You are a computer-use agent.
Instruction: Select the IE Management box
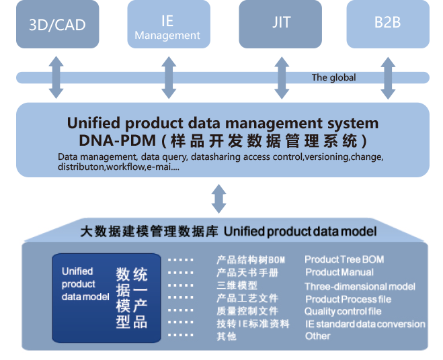(x=167, y=24)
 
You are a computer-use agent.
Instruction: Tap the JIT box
(x=281, y=24)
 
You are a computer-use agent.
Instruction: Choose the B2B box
(x=387, y=24)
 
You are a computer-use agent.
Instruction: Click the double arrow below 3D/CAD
(x=56, y=77)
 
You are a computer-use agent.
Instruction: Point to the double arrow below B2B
(x=387, y=77)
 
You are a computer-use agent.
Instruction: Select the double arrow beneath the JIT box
(x=281, y=77)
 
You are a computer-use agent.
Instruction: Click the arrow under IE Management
(x=167, y=77)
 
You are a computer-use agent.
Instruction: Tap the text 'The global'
(x=333, y=77)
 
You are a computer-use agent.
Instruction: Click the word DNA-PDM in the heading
(x=110, y=141)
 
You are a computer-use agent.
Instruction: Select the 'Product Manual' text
(x=339, y=272)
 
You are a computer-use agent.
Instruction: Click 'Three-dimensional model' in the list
(x=360, y=285)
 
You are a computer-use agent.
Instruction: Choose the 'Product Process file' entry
(x=348, y=299)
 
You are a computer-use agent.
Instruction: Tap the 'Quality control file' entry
(x=343, y=312)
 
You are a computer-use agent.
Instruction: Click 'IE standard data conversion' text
(x=365, y=324)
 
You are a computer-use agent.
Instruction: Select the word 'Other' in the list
(x=317, y=336)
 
